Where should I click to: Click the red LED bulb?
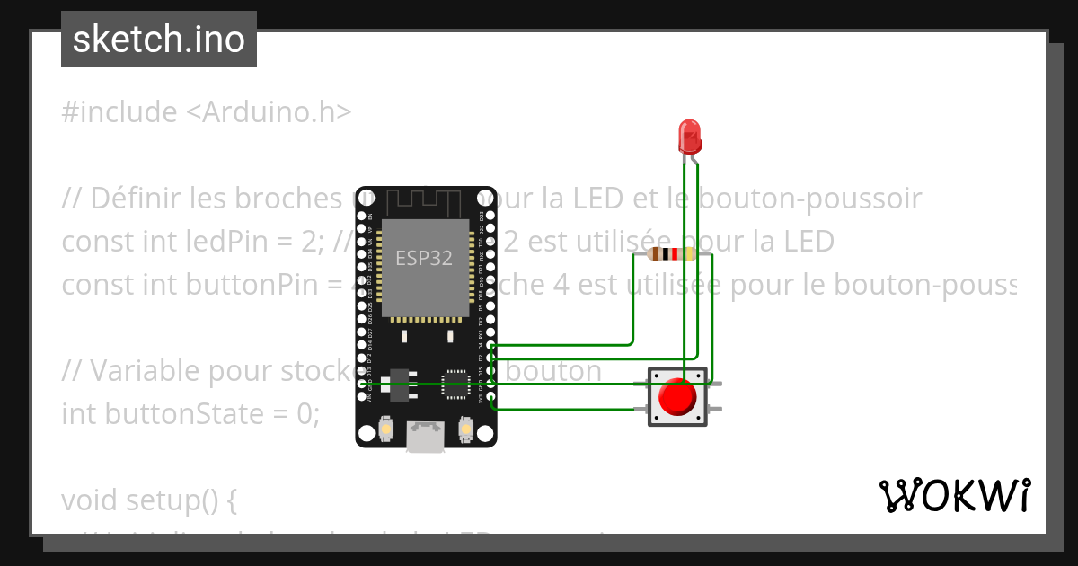tap(690, 136)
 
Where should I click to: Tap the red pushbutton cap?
tap(676, 396)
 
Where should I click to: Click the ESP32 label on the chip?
tap(424, 258)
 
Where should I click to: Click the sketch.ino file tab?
tap(159, 40)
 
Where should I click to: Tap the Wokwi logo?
tap(953, 495)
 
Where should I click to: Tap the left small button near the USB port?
tap(385, 431)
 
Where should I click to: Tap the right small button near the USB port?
tap(465, 431)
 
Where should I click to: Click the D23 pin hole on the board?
tap(489, 217)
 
